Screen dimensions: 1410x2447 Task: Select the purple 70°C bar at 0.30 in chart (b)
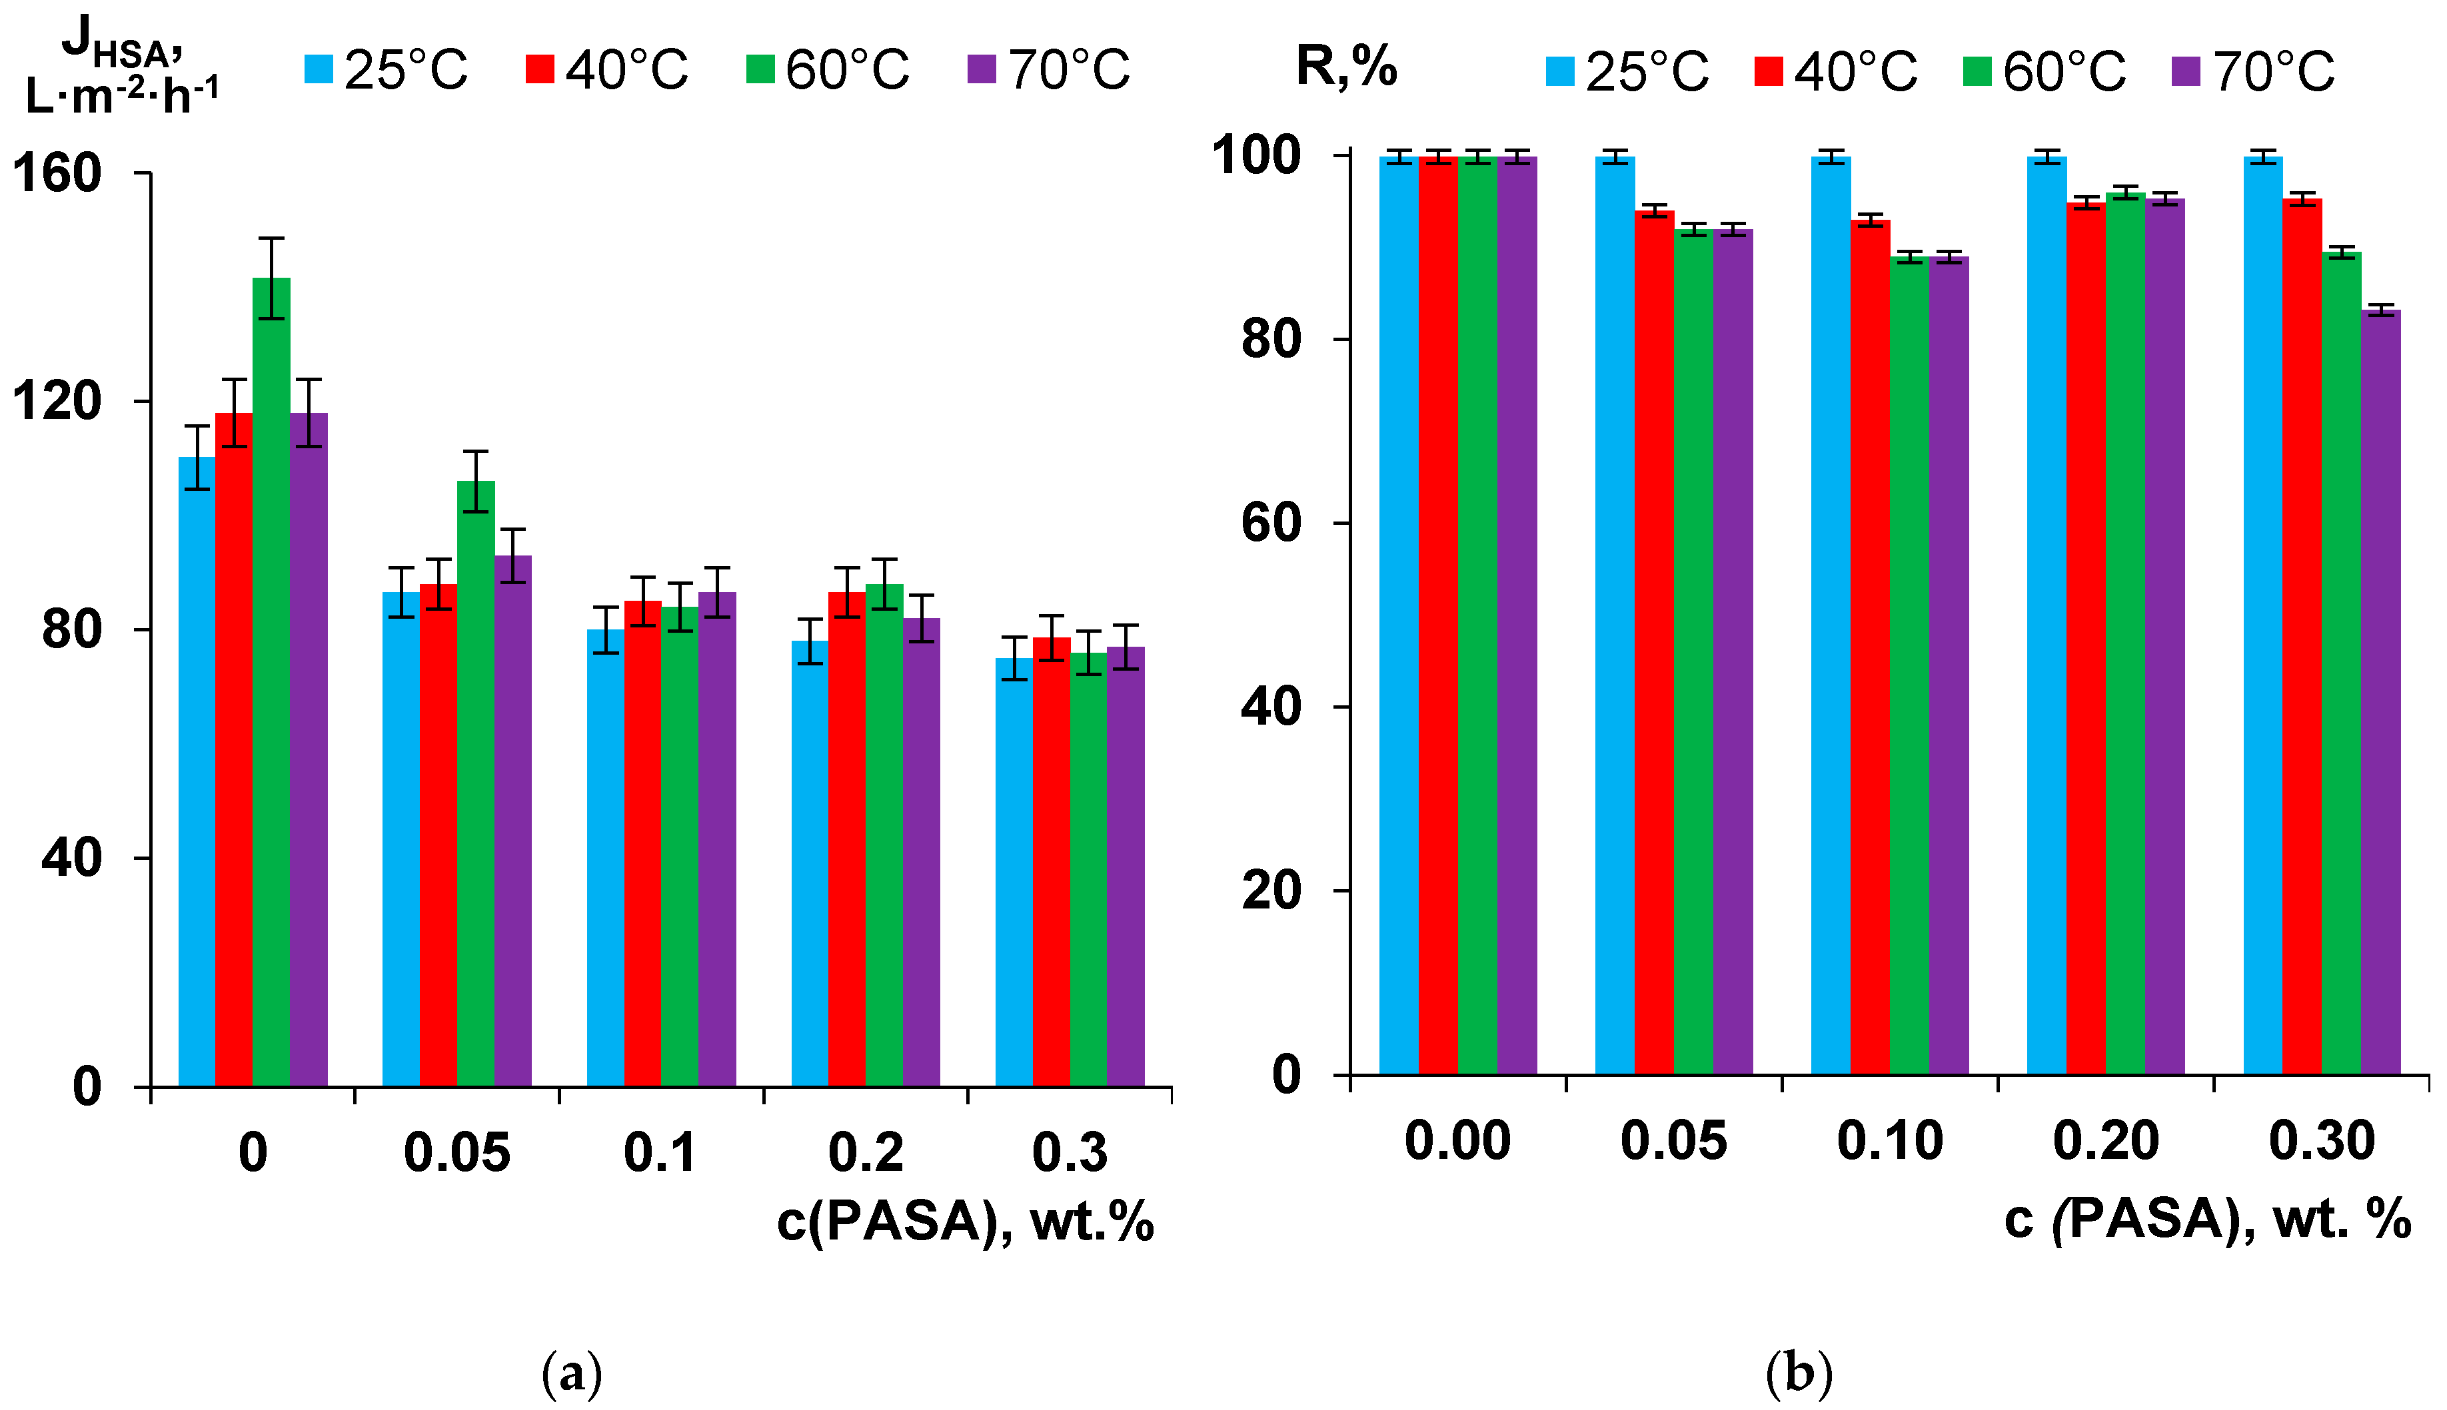point(2380,693)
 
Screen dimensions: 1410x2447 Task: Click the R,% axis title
point(1347,68)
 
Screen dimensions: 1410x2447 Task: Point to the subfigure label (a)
point(572,1373)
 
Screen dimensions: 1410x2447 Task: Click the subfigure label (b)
point(1799,1373)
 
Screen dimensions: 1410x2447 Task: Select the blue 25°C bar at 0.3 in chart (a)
point(1014,872)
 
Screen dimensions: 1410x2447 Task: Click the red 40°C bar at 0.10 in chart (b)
point(1870,649)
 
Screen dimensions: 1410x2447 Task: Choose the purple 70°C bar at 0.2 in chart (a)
point(921,853)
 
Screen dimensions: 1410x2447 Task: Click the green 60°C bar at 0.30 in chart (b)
point(2342,663)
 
